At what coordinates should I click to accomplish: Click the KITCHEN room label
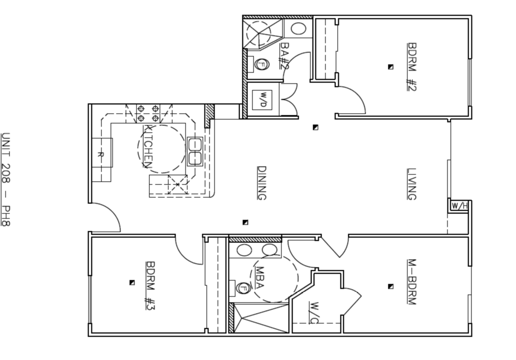[x=148, y=146]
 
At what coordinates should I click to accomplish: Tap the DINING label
[x=261, y=183]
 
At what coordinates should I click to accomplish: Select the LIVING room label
[x=412, y=184]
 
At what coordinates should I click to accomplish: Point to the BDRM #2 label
[x=412, y=66]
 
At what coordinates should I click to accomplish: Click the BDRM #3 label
[x=150, y=286]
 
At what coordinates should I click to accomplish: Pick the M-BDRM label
[x=412, y=282]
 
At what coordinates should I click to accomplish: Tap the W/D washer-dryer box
[x=262, y=100]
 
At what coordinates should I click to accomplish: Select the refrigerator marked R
[x=102, y=153]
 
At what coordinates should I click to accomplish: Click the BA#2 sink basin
[x=299, y=28]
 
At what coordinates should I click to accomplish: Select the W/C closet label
[x=314, y=312]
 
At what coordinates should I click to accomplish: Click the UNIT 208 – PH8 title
[x=6, y=179]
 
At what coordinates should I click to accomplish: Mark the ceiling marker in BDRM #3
[x=132, y=283]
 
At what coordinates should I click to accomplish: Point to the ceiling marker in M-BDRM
[x=391, y=286]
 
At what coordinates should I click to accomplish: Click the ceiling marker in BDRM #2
[x=391, y=67]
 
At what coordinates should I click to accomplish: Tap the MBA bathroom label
[x=260, y=278]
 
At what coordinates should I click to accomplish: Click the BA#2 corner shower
[x=262, y=33]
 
